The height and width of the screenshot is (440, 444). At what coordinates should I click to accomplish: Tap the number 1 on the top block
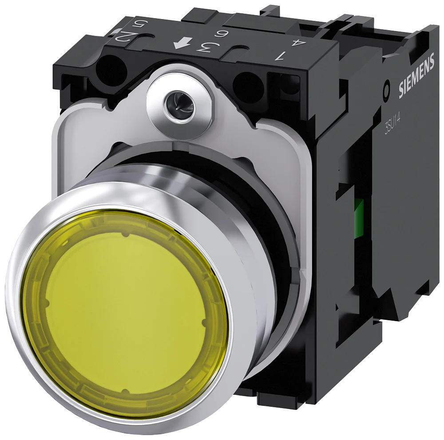click(280, 56)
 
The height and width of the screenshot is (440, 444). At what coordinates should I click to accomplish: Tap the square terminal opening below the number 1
click(290, 87)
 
